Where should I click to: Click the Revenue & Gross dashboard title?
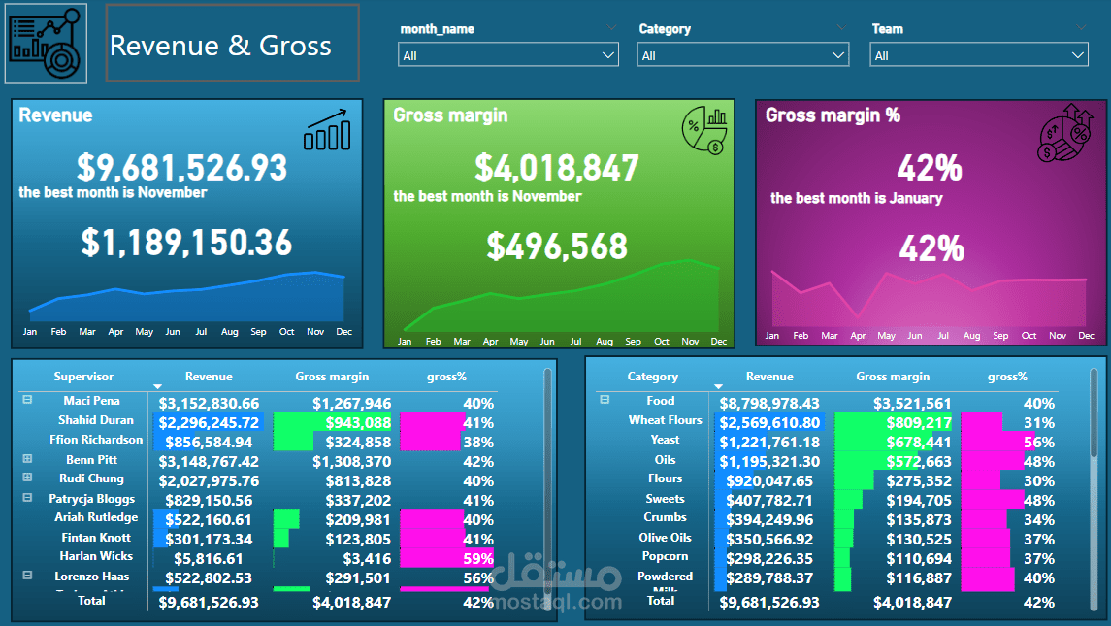pyautogui.click(x=220, y=46)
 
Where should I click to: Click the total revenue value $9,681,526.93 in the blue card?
pyautogui.click(x=182, y=168)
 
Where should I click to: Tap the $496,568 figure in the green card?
pyautogui.click(x=557, y=247)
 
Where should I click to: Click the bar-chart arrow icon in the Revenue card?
pyautogui.click(x=327, y=130)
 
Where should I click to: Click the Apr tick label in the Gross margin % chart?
pyautogui.click(x=858, y=336)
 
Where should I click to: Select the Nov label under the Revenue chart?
pyautogui.click(x=315, y=332)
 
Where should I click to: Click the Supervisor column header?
pyautogui.click(x=83, y=377)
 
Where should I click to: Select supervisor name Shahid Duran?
pyautogui.click(x=96, y=420)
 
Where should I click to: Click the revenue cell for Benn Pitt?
pyautogui.click(x=209, y=461)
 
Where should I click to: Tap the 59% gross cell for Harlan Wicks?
pyautogui.click(x=478, y=558)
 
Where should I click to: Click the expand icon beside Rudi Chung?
pyautogui.click(x=27, y=478)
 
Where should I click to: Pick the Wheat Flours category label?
pyautogui.click(x=665, y=420)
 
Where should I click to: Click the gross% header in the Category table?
pyautogui.click(x=1007, y=377)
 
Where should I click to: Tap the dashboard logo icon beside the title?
pyautogui.click(x=46, y=44)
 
